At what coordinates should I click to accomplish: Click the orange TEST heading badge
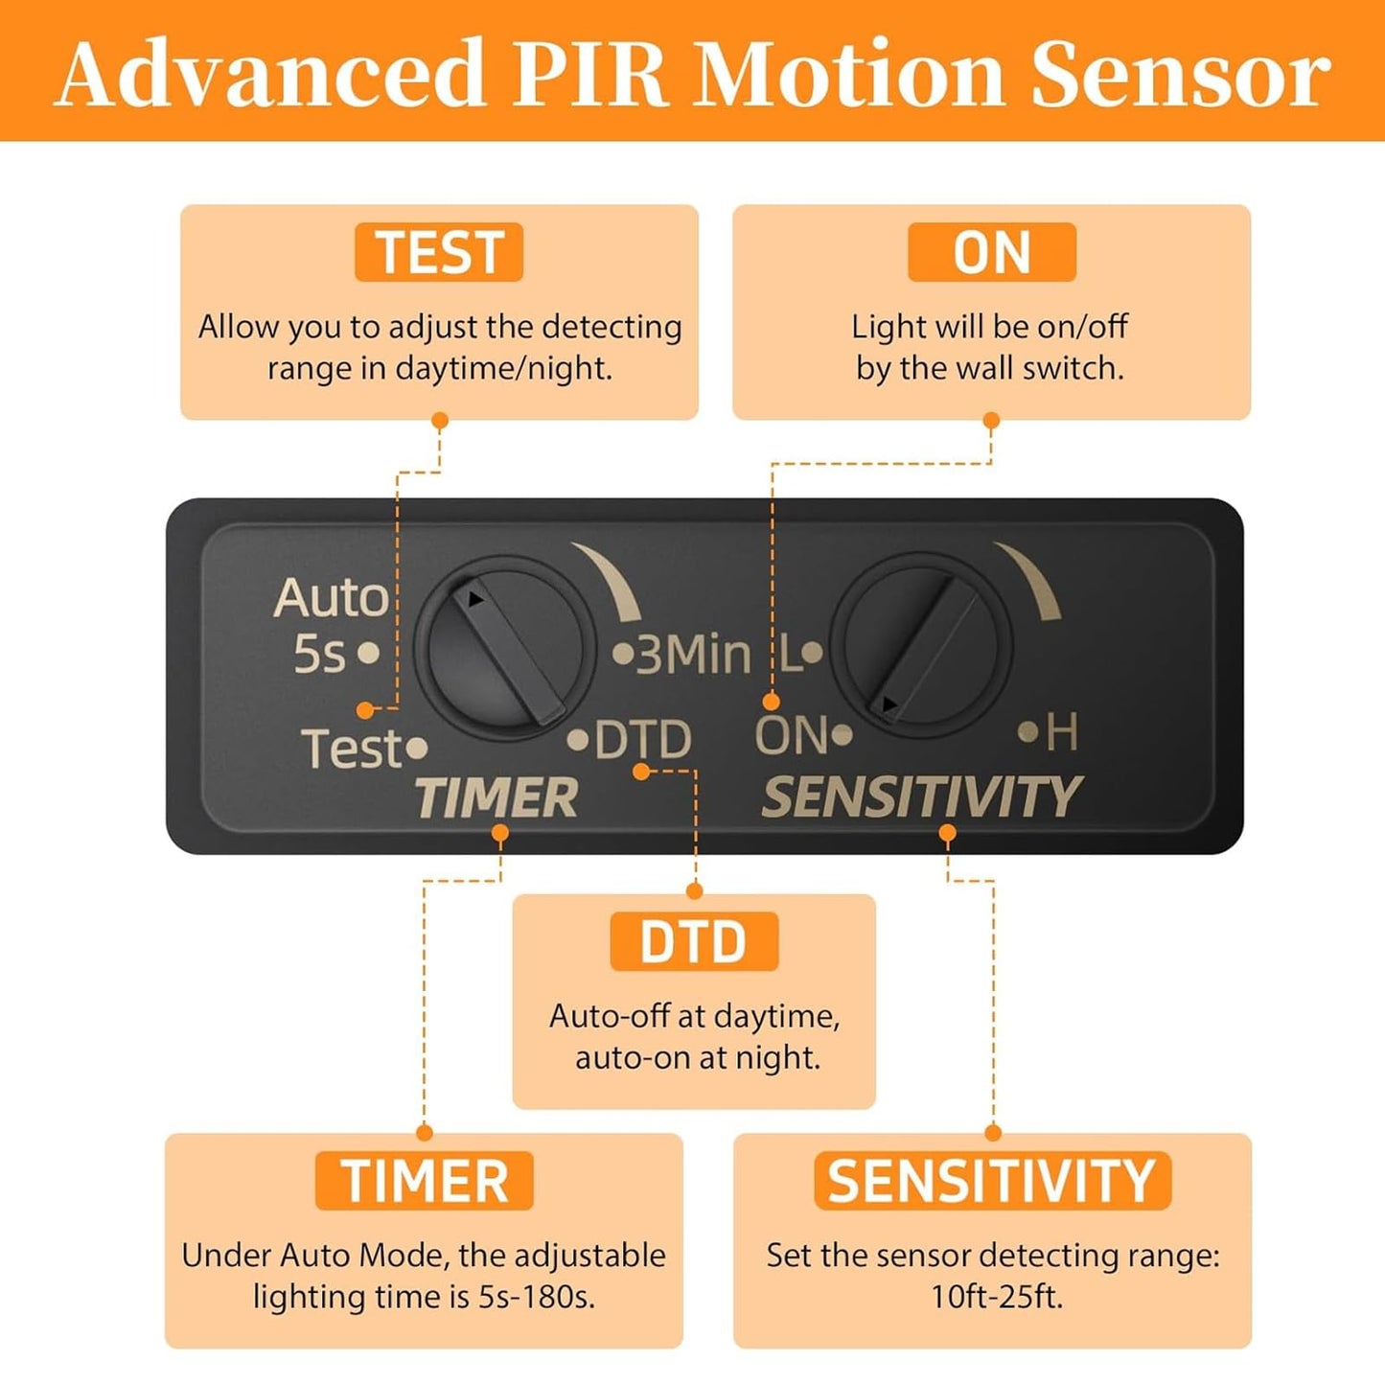439,252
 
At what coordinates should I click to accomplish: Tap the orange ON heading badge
991,252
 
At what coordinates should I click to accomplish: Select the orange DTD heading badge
693,941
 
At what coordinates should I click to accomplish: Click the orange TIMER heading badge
425,1180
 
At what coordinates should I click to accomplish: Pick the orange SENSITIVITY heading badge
992,1180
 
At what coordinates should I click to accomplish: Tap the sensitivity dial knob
921,649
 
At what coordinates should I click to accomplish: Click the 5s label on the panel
319,655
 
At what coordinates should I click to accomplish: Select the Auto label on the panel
331,598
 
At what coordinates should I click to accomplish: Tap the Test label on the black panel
352,748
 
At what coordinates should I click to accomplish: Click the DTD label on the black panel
642,740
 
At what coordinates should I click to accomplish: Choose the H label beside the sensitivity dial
1062,733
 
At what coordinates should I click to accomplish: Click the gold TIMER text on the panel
496,797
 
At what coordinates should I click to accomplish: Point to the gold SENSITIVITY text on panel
921,797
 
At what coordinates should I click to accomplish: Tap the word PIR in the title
589,74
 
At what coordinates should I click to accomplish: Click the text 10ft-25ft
996,1297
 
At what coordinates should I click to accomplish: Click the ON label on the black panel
791,735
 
